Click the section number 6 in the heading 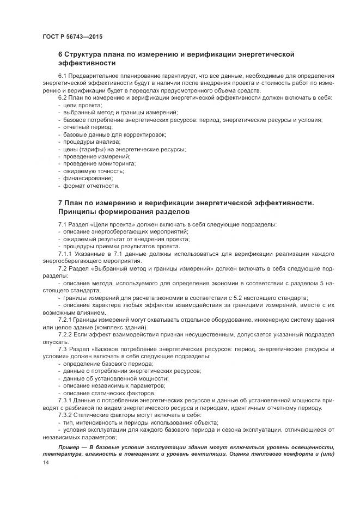coord(60,55)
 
